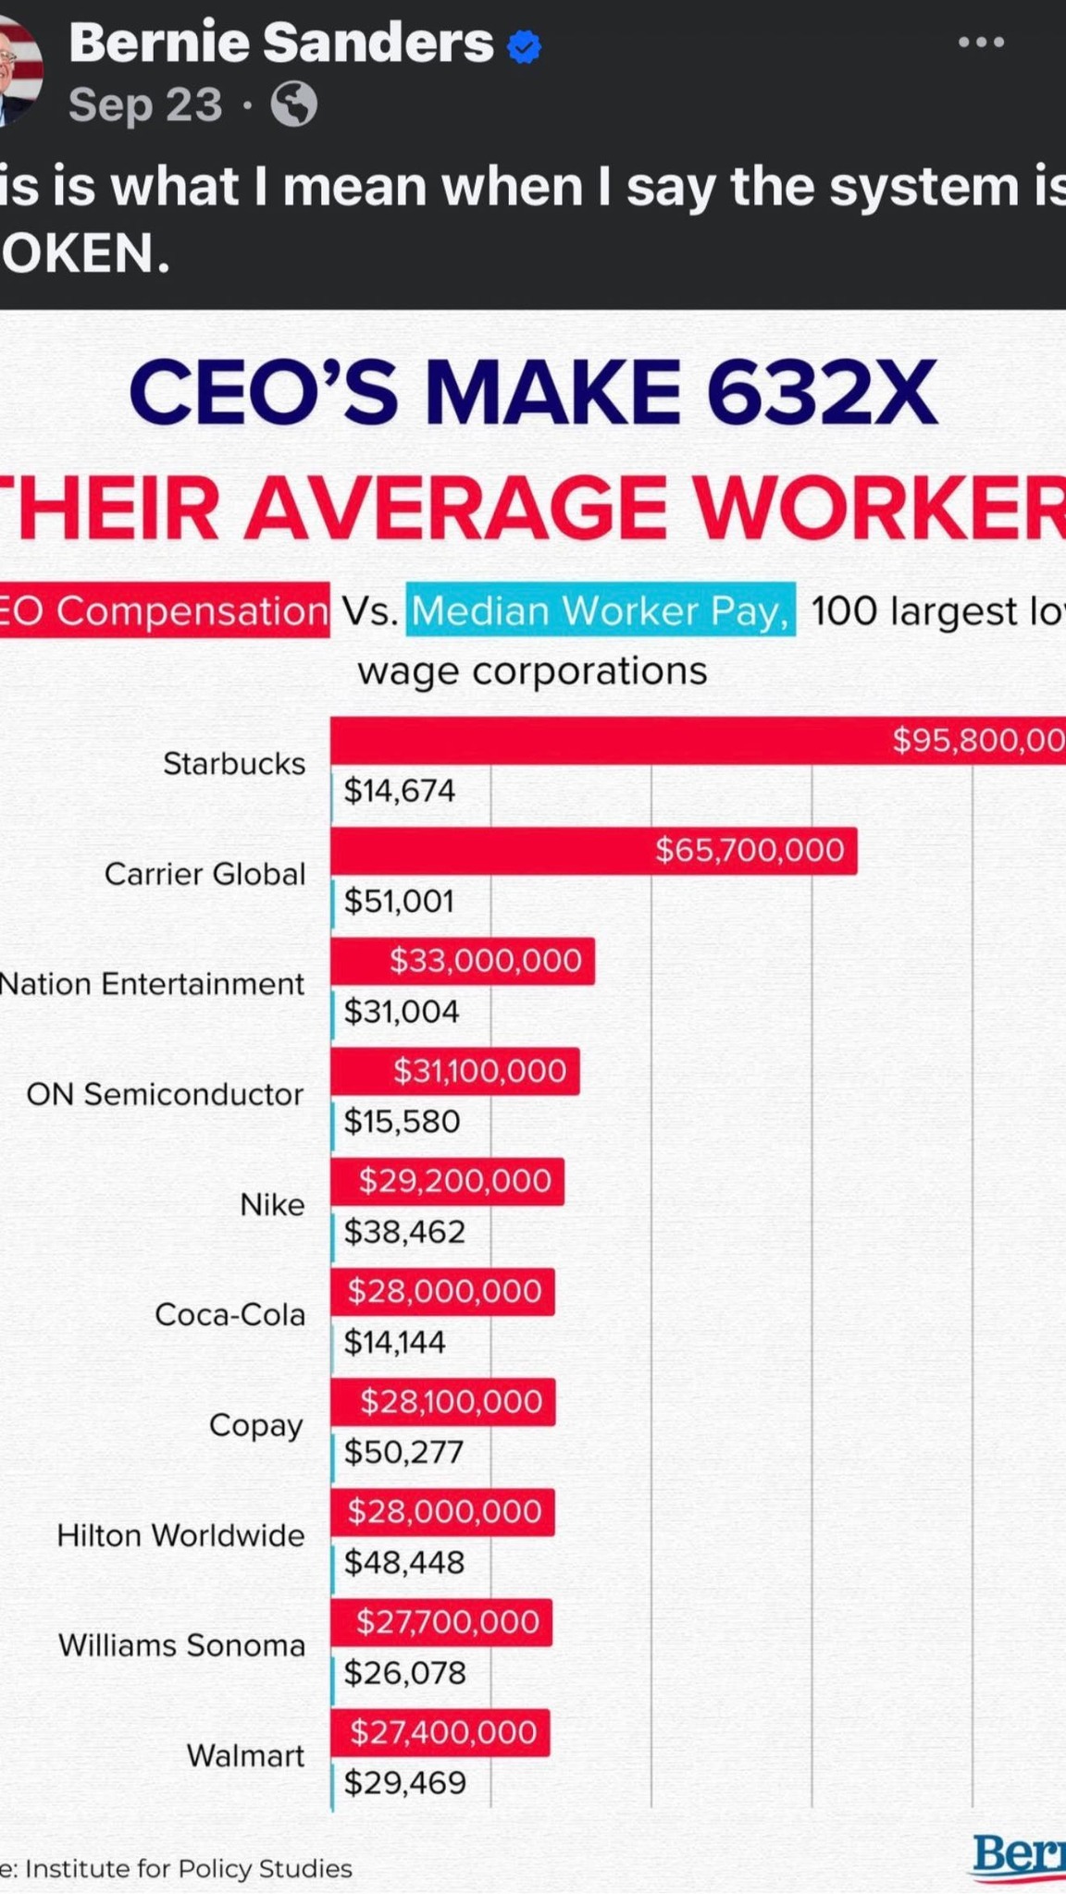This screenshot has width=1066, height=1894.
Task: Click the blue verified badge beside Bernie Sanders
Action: point(525,46)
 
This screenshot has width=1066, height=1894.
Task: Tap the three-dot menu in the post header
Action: point(981,43)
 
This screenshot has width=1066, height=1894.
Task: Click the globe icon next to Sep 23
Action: point(294,104)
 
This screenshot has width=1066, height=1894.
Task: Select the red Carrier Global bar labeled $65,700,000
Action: point(593,850)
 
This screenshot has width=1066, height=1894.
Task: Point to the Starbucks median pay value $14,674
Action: point(400,791)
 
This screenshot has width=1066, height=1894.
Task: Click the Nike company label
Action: point(272,1204)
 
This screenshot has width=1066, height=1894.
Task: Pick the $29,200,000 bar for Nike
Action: point(447,1181)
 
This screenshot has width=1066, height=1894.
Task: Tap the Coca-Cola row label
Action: point(229,1314)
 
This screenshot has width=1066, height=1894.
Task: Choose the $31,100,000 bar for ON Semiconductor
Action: point(455,1071)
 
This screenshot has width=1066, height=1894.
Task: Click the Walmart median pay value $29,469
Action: point(405,1782)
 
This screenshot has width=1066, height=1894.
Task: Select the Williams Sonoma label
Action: point(181,1645)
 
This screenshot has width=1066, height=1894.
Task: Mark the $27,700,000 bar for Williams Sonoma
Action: point(441,1622)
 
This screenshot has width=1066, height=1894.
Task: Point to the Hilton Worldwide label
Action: point(180,1535)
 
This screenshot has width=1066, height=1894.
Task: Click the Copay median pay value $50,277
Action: point(403,1452)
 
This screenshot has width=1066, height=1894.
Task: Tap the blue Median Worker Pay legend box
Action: point(601,610)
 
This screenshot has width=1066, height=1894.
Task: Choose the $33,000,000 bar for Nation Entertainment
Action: point(463,961)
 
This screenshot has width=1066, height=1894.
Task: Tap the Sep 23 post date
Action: point(145,105)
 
